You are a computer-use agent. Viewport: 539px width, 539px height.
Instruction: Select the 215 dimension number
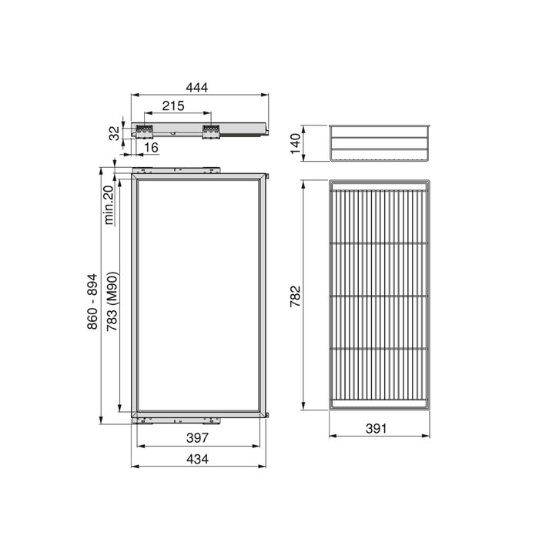click(x=173, y=106)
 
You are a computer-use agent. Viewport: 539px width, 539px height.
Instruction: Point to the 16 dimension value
click(x=150, y=147)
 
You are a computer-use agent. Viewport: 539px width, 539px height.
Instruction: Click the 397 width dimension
click(x=199, y=438)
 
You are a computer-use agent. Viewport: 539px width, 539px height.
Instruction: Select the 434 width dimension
click(x=199, y=459)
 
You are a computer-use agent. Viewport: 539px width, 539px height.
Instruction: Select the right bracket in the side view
click(x=209, y=130)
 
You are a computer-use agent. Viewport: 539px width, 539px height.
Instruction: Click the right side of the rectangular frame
click(x=266, y=296)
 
